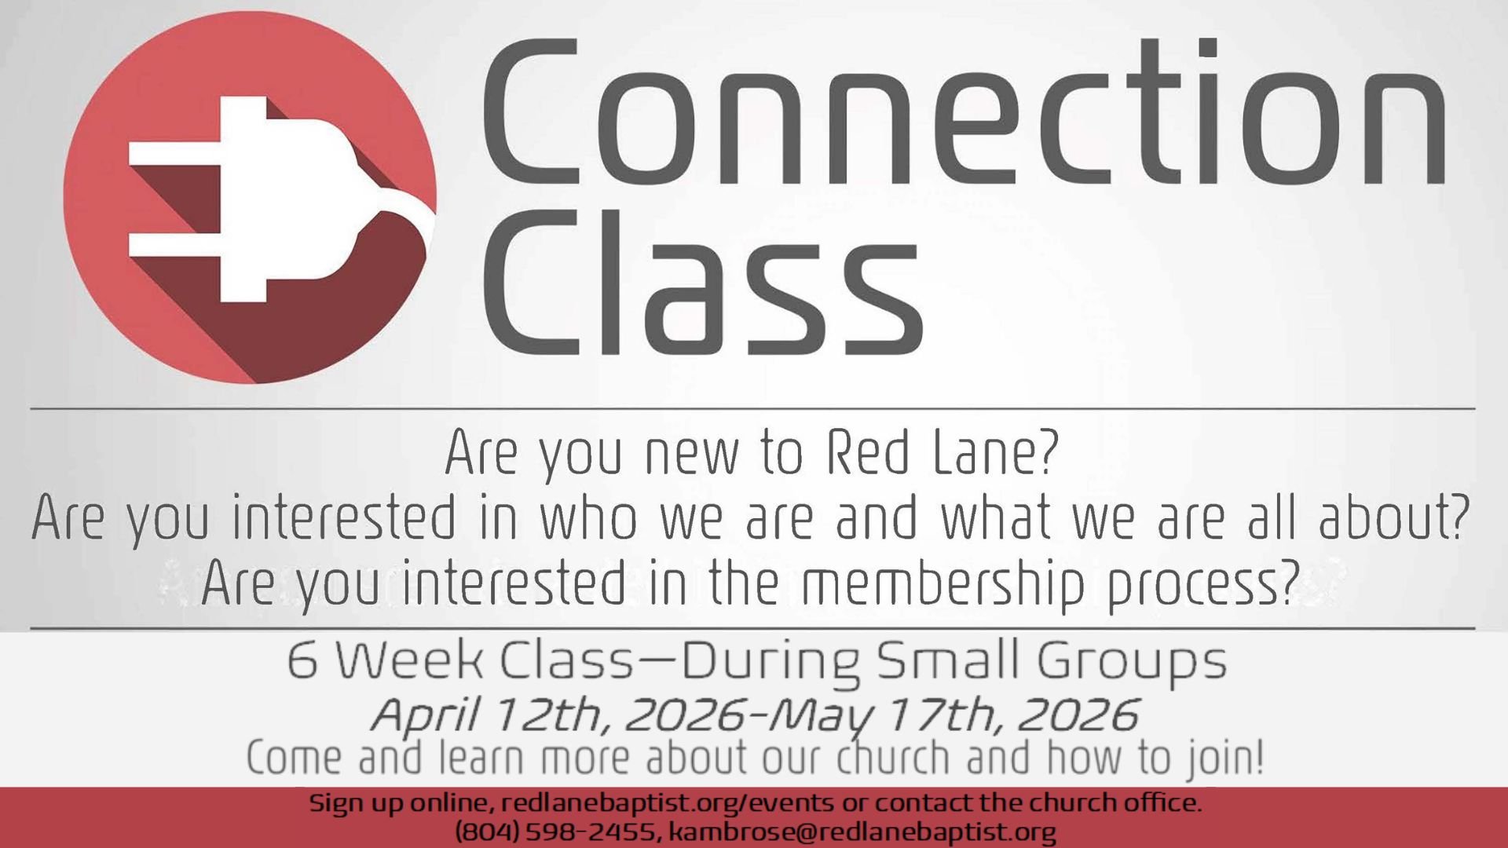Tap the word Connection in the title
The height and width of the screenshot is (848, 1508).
point(962,114)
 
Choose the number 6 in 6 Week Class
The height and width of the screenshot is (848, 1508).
point(302,660)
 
